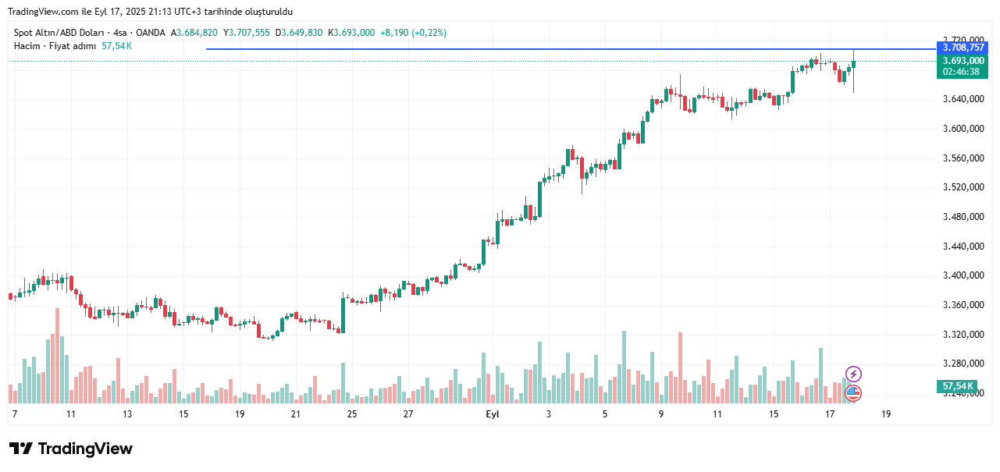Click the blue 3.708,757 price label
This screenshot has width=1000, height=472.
pyautogui.click(x=963, y=48)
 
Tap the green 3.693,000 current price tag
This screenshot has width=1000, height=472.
pyautogui.click(x=963, y=61)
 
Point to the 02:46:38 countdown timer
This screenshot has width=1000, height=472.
pyautogui.click(x=963, y=72)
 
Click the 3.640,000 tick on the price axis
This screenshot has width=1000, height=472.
pyautogui.click(x=963, y=99)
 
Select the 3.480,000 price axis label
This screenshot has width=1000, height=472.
pyautogui.click(x=963, y=217)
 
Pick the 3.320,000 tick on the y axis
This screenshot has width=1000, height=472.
pyautogui.click(x=963, y=335)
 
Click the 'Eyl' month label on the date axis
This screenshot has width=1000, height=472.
pyautogui.click(x=493, y=414)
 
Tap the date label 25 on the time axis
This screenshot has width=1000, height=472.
pyautogui.click(x=352, y=414)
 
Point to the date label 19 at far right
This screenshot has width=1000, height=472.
pyautogui.click(x=886, y=414)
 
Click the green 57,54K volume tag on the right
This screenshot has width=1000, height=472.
pyautogui.click(x=958, y=386)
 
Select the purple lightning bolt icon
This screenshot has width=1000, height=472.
pyautogui.click(x=853, y=374)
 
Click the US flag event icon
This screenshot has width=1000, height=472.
pyautogui.click(x=853, y=393)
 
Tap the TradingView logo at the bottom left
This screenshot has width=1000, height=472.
pyautogui.click(x=71, y=449)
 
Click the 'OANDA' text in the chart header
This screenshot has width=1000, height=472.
pyautogui.click(x=150, y=33)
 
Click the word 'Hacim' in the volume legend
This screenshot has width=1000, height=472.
pyautogui.click(x=27, y=46)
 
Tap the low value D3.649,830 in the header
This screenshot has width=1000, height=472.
pyautogui.click(x=299, y=33)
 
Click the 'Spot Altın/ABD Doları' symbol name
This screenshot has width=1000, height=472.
pyautogui.click(x=59, y=33)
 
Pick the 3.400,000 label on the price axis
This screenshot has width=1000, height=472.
pyautogui.click(x=963, y=275)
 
